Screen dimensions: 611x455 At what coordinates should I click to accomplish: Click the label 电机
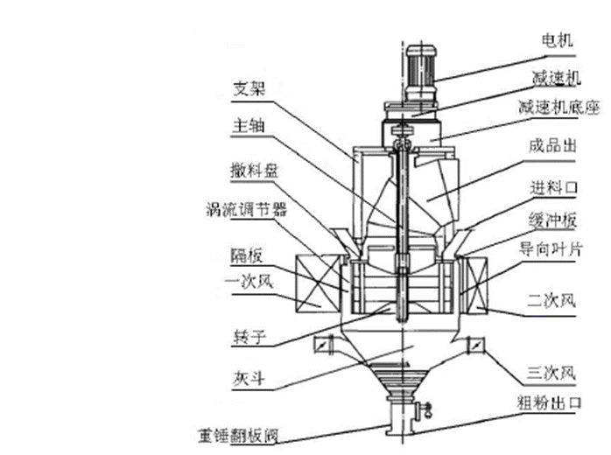coord(558,40)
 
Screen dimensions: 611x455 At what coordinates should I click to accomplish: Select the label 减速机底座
coord(558,107)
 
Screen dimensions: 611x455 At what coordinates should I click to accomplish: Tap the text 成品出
coord(552,146)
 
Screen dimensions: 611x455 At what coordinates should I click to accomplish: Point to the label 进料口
coord(554,188)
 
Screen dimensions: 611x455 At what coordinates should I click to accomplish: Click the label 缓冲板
coord(552,220)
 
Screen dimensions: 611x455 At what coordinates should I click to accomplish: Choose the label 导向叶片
coord(551,248)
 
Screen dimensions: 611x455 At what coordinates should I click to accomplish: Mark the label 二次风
coord(551,300)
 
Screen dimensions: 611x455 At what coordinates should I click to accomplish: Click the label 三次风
coord(551,373)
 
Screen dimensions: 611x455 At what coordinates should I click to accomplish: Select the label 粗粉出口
coord(550,402)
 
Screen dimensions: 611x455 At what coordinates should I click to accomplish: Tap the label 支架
coord(249,88)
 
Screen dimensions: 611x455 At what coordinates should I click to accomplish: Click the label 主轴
coord(249,125)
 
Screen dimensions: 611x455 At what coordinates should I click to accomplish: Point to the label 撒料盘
coord(255,171)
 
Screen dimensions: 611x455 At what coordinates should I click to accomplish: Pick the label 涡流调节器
coord(246,210)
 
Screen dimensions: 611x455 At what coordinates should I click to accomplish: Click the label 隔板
coord(247,255)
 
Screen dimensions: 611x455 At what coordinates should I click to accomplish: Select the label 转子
coord(249,337)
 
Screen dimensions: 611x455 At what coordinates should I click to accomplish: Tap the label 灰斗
coord(249,379)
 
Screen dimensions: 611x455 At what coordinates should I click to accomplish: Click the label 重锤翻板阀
coord(238,435)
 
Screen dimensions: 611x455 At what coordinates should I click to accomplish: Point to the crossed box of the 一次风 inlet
coord(318,284)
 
